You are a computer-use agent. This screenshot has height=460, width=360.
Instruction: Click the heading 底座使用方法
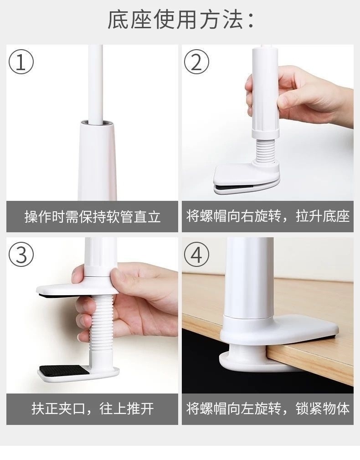tap(180, 20)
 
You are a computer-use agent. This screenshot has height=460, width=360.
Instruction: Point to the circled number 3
tap(21, 254)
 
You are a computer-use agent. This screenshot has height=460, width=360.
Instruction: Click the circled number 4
tap(197, 254)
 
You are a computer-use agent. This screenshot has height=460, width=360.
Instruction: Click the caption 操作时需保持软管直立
tap(92, 217)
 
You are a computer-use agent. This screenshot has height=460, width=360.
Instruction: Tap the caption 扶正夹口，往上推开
tap(93, 409)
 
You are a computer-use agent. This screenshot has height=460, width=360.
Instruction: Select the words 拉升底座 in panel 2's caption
tap(323, 216)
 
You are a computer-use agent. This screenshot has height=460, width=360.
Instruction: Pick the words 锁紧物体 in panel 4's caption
tap(323, 409)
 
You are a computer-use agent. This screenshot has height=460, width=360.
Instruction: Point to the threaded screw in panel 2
tap(266, 150)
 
